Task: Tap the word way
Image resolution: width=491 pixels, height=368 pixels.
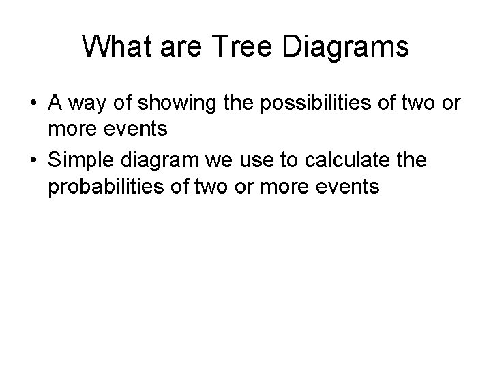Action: pos(88,104)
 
